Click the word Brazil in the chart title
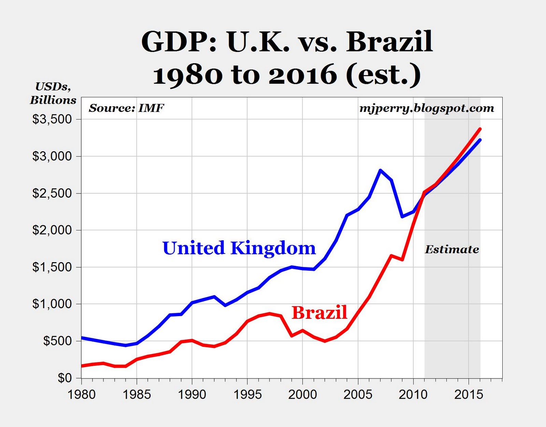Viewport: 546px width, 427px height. click(389, 42)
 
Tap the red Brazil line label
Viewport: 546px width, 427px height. click(319, 312)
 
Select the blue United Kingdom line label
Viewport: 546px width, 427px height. click(239, 248)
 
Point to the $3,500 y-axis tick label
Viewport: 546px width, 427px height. click(52, 119)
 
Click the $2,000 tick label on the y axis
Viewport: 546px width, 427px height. click(52, 230)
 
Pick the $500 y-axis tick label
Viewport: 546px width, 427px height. click(57, 341)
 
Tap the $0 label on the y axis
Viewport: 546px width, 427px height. click(64, 378)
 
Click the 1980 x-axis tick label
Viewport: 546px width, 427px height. click(82, 395)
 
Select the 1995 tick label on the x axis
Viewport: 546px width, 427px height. click(247, 395)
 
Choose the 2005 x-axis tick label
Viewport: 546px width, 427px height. click(358, 395)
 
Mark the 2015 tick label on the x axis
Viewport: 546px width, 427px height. click(469, 395)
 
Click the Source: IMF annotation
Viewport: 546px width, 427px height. click(126, 108)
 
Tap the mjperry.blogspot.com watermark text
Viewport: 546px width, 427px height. click(427, 108)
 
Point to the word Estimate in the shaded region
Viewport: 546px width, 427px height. click(452, 250)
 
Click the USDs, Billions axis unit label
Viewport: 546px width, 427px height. click(53, 93)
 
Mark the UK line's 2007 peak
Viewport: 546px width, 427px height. click(380, 170)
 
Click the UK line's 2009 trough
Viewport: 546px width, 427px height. click(402, 216)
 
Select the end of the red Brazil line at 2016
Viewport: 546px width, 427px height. click(480, 129)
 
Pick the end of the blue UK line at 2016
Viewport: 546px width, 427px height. click(480, 140)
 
